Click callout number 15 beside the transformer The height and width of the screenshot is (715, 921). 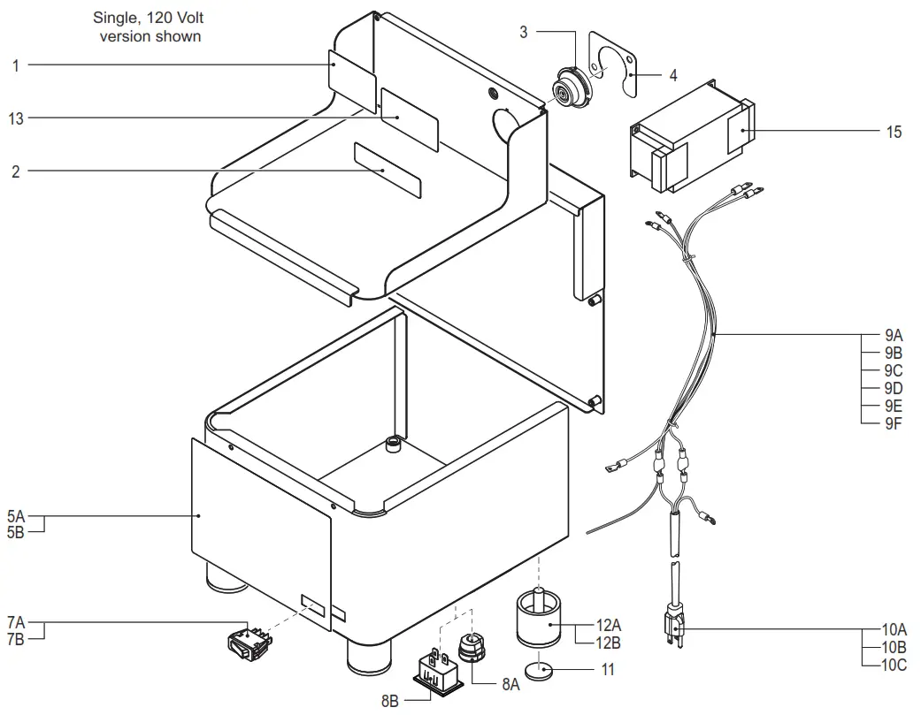(x=894, y=132)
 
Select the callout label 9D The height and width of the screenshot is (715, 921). (x=893, y=388)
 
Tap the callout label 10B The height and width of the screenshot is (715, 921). (x=894, y=648)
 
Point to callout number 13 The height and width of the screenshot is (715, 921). (x=16, y=118)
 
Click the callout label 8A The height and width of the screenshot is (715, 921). (x=510, y=683)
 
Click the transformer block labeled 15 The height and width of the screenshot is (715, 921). (x=690, y=137)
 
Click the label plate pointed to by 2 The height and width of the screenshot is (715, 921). (x=388, y=170)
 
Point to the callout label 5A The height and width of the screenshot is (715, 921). (x=16, y=515)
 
